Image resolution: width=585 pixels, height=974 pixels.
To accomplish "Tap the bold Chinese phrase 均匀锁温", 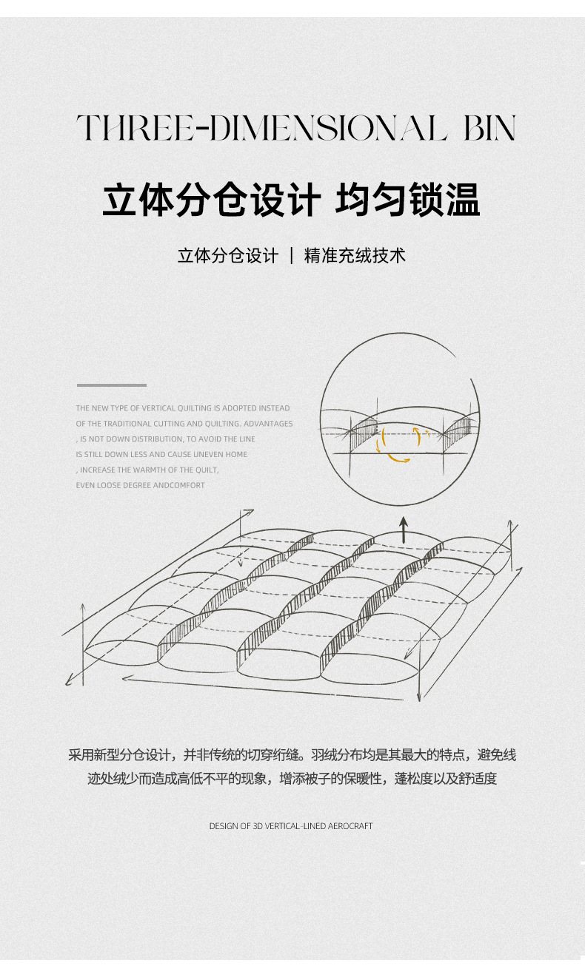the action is pos(408,200).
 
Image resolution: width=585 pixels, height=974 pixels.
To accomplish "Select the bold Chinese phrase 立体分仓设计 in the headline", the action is pos(211,200).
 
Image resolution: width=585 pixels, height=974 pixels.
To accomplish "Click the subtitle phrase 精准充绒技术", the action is pos(355,256).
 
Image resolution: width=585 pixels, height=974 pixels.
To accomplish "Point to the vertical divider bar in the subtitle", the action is pos(291,256).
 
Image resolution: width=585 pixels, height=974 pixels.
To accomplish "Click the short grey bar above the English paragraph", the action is pos(111,385).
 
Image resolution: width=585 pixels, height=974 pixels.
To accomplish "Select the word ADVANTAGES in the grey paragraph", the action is pos(268,424).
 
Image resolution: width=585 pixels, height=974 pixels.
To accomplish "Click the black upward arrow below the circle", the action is pos(404,529).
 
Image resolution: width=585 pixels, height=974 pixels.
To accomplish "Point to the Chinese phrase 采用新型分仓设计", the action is pos(120,755).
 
